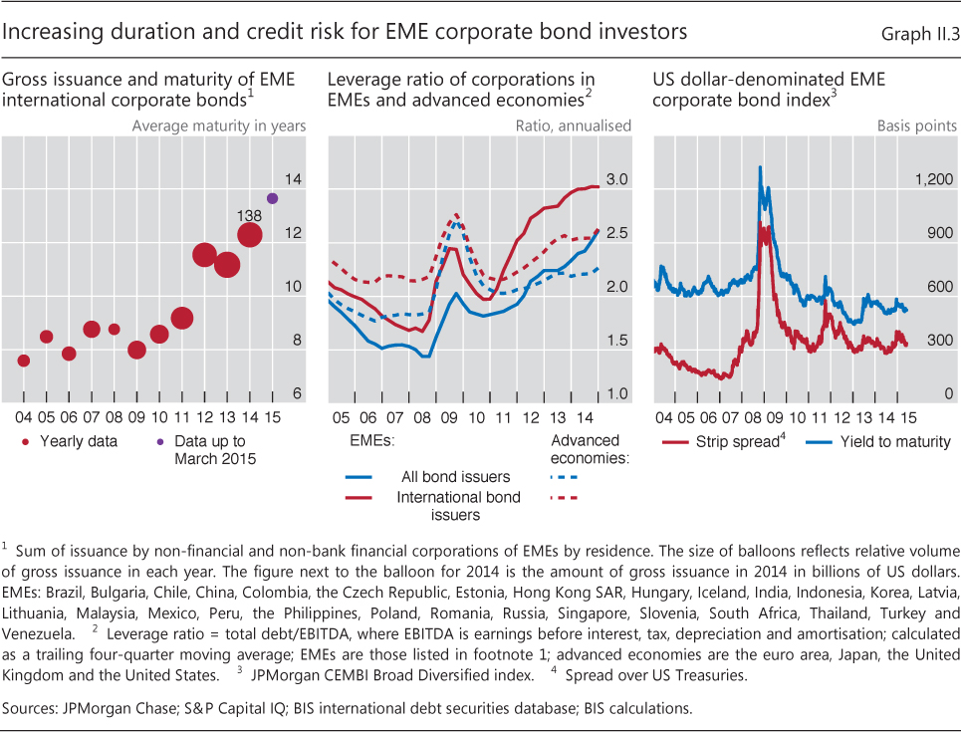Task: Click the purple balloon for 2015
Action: pos(273,198)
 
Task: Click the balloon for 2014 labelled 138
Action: pos(250,235)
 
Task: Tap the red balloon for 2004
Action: pos(24,361)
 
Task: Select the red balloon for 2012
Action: pos(204,255)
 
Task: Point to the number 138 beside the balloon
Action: pos(249,214)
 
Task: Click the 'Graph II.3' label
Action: pos(919,35)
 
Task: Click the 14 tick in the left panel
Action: pos(293,180)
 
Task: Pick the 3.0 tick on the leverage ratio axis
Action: pos(616,180)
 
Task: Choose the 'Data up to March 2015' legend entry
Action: pos(209,449)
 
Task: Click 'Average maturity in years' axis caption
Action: pos(219,126)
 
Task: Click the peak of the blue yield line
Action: pos(761,167)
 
